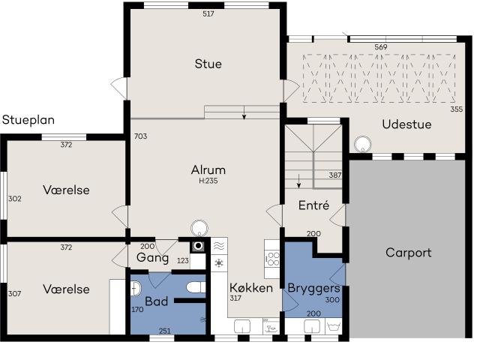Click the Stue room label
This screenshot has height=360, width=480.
pos(208,64)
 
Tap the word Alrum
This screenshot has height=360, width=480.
pos(208,169)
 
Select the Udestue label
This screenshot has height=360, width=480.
pos(406,124)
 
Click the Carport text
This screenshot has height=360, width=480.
pos(408,253)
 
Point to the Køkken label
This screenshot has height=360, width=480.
pos(250,288)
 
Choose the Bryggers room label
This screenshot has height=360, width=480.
pos(313,288)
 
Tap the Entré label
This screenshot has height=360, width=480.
pos(314,205)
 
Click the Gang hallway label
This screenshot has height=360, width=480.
pos(152,258)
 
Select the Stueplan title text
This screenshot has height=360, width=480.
pos(28,120)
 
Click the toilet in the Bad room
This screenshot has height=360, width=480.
pos(196,288)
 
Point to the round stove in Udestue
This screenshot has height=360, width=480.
pos(364,145)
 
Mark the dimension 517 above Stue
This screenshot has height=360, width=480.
pos(208,14)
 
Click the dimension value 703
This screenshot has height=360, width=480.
pos(140,136)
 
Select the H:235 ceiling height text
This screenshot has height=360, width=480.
pos(208,181)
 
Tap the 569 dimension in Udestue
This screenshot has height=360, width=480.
pos(381,47)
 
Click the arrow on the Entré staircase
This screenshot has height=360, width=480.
pos(299,181)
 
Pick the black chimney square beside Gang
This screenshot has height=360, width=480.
pos(198,245)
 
